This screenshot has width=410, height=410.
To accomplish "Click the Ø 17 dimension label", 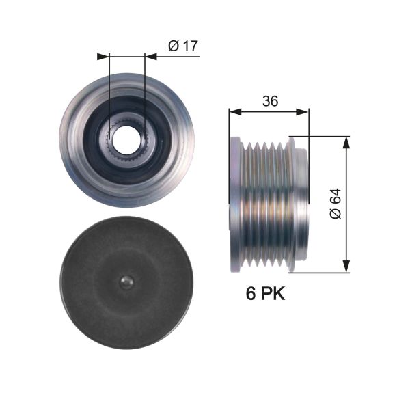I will tap(182, 46).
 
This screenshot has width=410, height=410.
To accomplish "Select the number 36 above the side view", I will tap(270, 101).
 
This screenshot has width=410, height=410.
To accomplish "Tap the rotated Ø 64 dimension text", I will tap(335, 204).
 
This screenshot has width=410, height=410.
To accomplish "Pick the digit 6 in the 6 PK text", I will tap(251, 295).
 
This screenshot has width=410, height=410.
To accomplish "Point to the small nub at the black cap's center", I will tap(126, 282).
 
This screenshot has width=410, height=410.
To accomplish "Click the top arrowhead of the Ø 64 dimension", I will tap(346, 141).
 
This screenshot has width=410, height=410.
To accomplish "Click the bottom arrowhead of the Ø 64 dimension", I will tap(346, 267).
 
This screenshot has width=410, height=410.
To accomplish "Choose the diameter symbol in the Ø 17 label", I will tap(174, 46).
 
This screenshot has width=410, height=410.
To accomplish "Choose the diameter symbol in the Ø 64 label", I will tap(335, 214).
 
